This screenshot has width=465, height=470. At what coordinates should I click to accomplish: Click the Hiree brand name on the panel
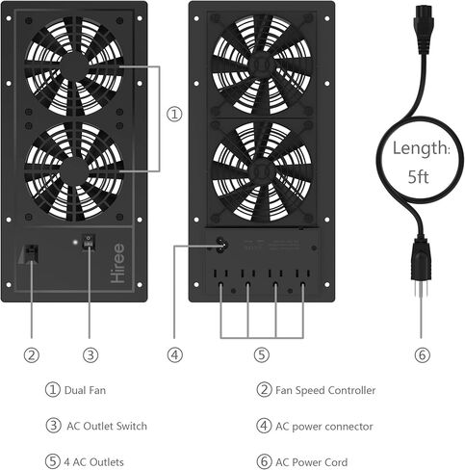117,263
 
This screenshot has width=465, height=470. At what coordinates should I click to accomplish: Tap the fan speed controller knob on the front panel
32,253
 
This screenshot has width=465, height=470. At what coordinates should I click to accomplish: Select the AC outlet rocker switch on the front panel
88,243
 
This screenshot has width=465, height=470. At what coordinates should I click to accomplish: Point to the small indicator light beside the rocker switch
75,243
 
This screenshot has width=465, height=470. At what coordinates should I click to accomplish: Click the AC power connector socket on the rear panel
221,246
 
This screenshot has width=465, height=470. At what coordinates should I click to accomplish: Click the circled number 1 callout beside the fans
174,114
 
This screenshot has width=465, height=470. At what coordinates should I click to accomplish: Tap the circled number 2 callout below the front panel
32,355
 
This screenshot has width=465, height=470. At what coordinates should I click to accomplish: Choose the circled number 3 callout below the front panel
90,355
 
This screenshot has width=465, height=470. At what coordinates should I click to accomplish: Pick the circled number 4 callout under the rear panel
175,355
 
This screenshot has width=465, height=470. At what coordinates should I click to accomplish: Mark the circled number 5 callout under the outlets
262,355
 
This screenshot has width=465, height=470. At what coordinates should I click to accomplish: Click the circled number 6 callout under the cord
422,355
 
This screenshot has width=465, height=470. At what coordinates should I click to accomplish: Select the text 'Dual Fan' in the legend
85,390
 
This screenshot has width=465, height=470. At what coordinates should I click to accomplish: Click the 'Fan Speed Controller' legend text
325,390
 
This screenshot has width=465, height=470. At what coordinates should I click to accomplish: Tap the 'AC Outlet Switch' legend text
107,427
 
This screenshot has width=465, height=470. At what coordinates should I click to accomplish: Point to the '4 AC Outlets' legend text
93,462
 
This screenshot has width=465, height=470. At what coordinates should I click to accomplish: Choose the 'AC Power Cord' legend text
311,462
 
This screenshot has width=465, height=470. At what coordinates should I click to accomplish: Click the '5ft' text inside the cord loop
418,176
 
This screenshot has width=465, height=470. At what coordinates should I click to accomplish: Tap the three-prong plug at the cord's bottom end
421,268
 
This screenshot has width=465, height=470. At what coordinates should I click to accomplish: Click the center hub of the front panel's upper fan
74,66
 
